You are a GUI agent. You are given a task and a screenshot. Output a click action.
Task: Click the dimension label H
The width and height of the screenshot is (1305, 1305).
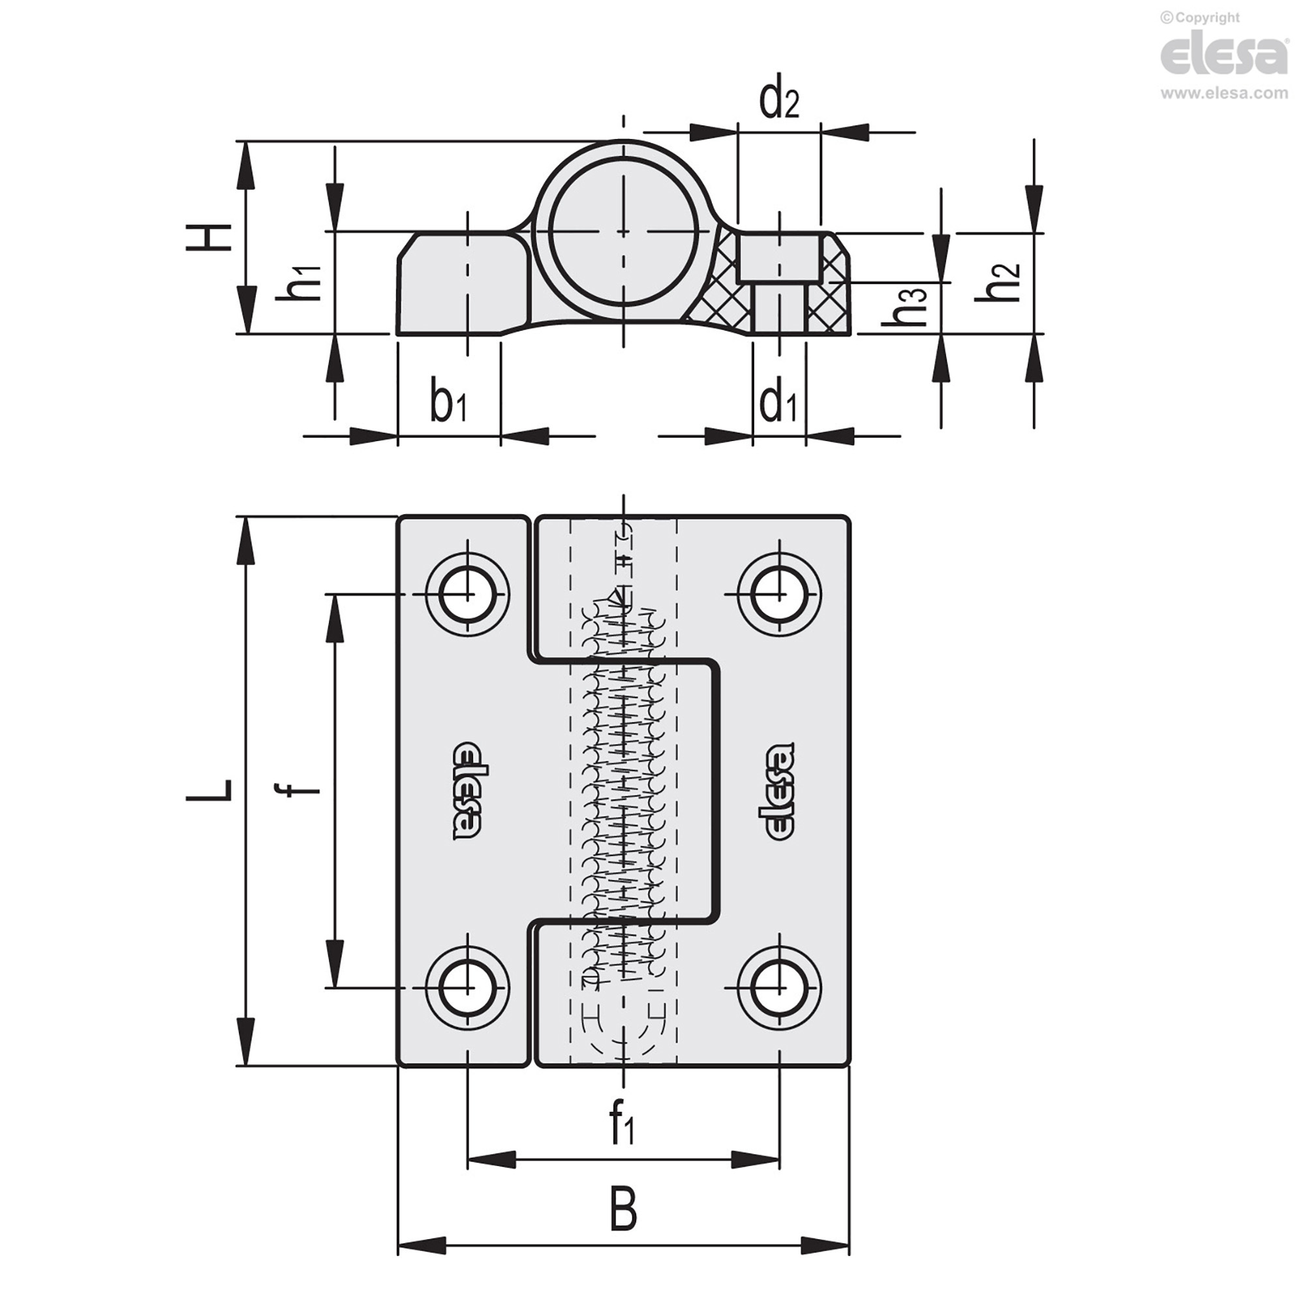[209, 238]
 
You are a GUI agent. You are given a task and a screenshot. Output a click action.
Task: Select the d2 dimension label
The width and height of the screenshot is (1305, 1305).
[779, 101]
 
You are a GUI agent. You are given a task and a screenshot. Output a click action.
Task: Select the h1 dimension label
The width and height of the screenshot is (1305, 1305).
[298, 281]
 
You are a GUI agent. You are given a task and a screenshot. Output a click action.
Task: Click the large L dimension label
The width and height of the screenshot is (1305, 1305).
[209, 790]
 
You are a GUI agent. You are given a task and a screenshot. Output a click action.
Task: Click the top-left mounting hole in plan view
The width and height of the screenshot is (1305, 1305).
[467, 594]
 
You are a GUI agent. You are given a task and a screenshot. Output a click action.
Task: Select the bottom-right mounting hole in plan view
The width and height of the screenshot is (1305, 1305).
[780, 987]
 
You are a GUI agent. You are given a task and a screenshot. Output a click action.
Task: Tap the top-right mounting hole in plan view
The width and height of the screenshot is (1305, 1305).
[780, 594]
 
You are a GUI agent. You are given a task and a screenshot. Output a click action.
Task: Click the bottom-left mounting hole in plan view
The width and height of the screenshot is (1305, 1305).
[467, 987]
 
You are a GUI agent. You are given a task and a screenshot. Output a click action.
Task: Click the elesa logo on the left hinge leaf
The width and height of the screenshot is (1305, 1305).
[467, 791]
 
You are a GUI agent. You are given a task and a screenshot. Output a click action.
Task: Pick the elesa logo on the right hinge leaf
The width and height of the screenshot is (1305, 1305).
[780, 791]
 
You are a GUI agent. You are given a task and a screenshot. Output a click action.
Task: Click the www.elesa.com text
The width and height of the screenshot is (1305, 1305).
[1224, 94]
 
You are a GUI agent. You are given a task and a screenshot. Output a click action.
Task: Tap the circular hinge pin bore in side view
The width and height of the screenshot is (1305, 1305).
[622, 232]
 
